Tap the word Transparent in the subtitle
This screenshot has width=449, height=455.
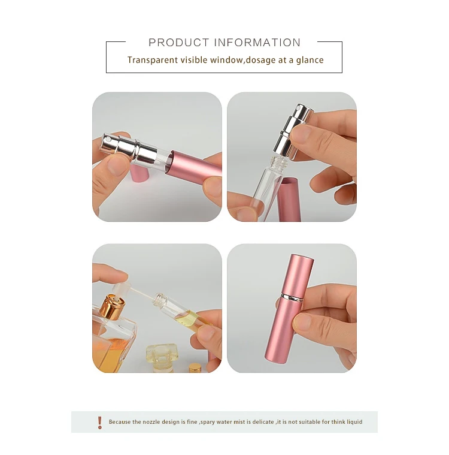[152, 60]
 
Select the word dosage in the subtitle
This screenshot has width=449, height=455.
[262, 60]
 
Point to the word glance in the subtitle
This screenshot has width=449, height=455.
[310, 60]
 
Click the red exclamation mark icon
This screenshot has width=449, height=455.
[99, 422]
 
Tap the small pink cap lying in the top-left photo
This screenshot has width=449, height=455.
[139, 173]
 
